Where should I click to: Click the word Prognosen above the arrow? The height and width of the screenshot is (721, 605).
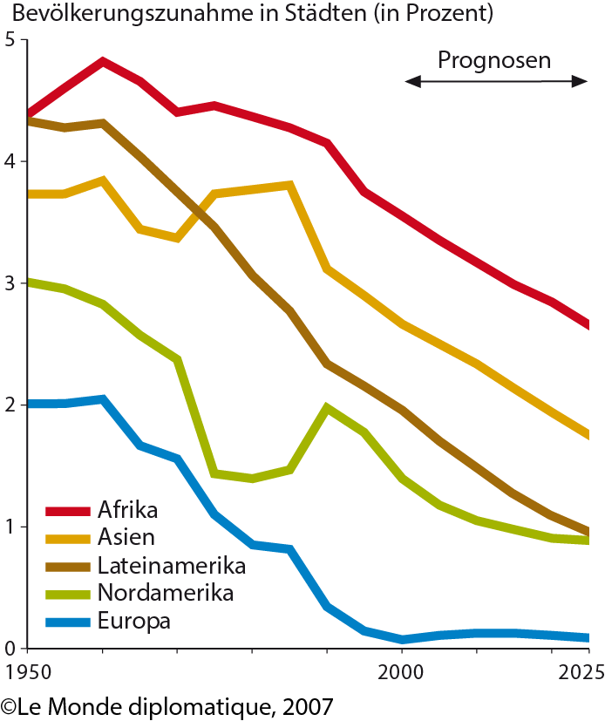tap(494, 61)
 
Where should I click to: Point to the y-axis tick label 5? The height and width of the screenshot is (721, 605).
tap(10, 40)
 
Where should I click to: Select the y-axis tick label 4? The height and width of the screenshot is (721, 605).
tap(10, 162)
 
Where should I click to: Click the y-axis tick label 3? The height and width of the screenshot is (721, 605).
tap(10, 283)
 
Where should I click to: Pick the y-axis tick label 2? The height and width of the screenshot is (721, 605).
tap(10, 405)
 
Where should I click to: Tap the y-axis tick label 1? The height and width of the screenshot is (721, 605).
tap(10, 527)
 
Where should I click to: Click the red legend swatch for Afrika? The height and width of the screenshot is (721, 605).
tap(66, 511)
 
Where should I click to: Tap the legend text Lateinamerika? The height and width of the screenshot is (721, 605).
tap(172, 566)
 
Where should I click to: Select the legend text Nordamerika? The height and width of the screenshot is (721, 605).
tap(166, 594)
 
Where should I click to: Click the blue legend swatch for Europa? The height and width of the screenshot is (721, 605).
tap(66, 622)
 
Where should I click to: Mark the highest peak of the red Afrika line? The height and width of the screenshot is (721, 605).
tap(103, 62)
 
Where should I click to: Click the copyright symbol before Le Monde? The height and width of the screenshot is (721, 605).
tap(10, 704)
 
